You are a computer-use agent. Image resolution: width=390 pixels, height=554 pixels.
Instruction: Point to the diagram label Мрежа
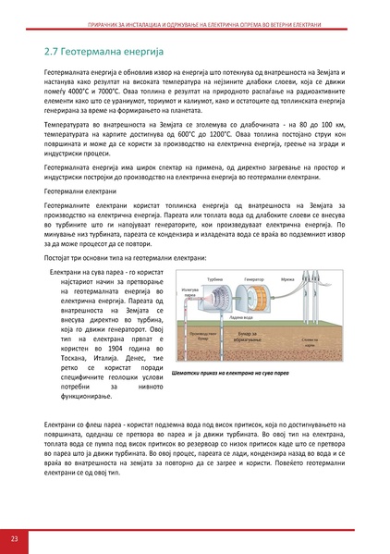pyautogui.click(x=286, y=278)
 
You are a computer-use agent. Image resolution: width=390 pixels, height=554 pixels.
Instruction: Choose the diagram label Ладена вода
pyautogui.click(x=244, y=317)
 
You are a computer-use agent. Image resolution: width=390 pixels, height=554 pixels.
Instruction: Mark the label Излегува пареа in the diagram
pyautogui.click(x=190, y=293)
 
